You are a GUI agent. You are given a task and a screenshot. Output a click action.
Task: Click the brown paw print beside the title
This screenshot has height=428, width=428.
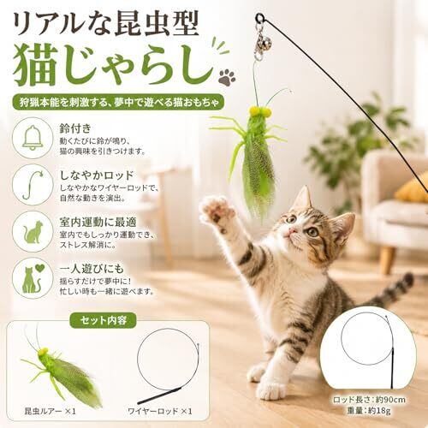[x=227, y=77]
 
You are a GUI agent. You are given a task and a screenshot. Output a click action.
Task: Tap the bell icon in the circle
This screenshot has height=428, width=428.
[x=33, y=138]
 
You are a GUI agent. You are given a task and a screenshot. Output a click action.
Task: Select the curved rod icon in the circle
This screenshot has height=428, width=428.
[x=33, y=185]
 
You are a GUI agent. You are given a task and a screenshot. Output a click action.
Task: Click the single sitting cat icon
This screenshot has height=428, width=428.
[x=33, y=232]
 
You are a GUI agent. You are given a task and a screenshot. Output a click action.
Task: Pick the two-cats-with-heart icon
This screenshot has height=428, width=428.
[x=33, y=278]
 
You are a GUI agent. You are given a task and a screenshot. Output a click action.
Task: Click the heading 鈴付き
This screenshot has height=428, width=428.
[x=75, y=128]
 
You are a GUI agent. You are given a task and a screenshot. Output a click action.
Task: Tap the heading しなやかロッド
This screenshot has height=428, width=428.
[x=97, y=175]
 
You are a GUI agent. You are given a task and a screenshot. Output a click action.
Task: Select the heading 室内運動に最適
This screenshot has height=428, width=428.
[x=98, y=222]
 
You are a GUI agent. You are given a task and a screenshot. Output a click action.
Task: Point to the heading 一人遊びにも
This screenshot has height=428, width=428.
[x=92, y=269]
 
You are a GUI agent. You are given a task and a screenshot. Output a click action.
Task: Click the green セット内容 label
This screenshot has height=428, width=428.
[x=103, y=320]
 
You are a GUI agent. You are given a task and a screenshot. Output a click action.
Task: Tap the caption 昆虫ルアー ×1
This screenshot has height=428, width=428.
[x=51, y=411]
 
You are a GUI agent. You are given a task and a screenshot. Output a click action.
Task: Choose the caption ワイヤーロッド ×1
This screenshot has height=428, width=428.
[x=160, y=411]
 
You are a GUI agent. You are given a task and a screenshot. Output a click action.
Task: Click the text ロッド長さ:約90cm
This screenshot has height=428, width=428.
[x=369, y=400]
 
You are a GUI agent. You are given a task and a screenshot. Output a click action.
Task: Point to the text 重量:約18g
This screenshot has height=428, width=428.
[x=369, y=411]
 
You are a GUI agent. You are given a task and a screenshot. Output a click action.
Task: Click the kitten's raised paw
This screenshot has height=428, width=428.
[x=216, y=211]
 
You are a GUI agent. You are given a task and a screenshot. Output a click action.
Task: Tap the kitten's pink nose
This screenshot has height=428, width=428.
[x=291, y=230]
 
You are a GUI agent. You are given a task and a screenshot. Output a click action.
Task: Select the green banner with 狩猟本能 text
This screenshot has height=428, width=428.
[x=117, y=102]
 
